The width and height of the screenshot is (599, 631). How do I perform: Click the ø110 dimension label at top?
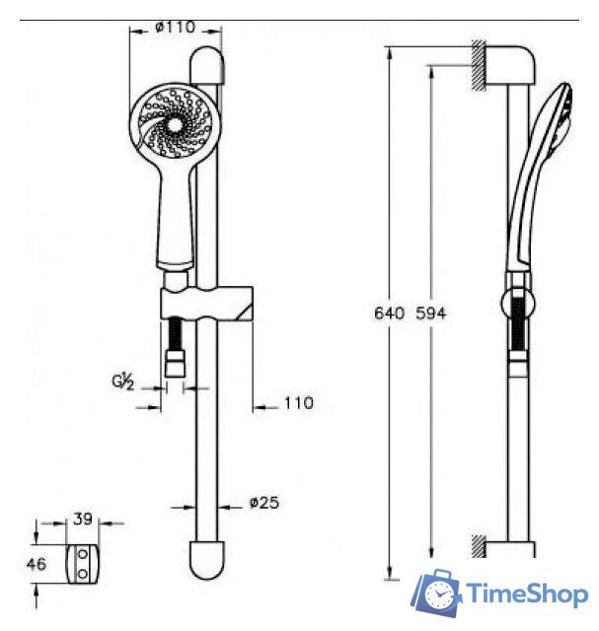(x=176, y=28)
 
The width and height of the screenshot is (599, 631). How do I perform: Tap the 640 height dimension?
(x=389, y=314)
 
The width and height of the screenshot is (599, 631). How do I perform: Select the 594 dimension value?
(x=431, y=314)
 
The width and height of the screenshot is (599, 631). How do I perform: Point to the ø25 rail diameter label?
(x=264, y=503)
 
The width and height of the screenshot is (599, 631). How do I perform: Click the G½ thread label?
(x=123, y=382)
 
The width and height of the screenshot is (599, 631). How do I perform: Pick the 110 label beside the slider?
(x=298, y=403)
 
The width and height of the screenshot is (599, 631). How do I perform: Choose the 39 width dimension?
(x=83, y=520)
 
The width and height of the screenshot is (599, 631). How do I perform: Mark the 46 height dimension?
(x=37, y=565)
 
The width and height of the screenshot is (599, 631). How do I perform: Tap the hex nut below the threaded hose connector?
(x=176, y=364)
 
